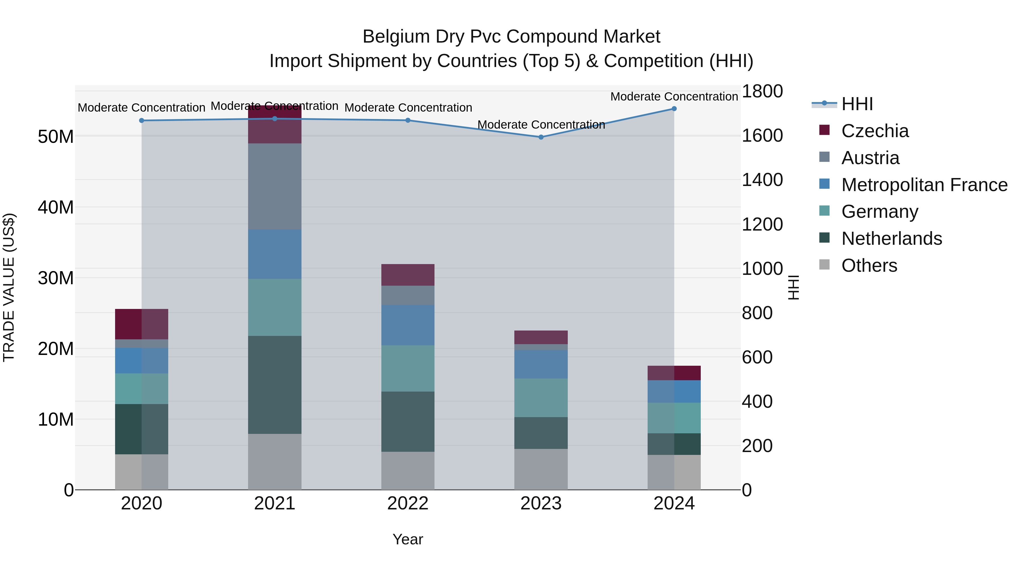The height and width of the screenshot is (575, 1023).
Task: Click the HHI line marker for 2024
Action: click(674, 109)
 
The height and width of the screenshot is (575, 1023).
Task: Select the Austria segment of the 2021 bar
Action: click(275, 187)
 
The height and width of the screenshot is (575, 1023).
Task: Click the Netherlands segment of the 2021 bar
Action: click(275, 385)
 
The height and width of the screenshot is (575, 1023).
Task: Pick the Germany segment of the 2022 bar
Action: click(407, 368)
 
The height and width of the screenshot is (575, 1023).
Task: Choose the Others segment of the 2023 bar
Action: click(541, 469)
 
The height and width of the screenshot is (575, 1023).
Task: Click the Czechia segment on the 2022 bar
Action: click(407, 275)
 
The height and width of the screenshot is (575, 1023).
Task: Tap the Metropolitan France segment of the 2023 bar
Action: click(541, 364)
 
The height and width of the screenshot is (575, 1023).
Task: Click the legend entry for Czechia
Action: click(874, 131)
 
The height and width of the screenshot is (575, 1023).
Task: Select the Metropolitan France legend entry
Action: click(924, 185)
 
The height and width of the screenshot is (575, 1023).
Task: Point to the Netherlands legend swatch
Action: click(824, 238)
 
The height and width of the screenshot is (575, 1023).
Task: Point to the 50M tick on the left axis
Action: click(56, 137)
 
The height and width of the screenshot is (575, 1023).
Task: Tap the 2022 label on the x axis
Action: click(407, 503)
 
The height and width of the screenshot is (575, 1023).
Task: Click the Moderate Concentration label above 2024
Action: click(674, 97)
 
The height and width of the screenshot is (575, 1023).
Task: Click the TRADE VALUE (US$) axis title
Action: click(9, 287)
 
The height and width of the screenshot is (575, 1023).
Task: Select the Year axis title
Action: click(407, 539)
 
